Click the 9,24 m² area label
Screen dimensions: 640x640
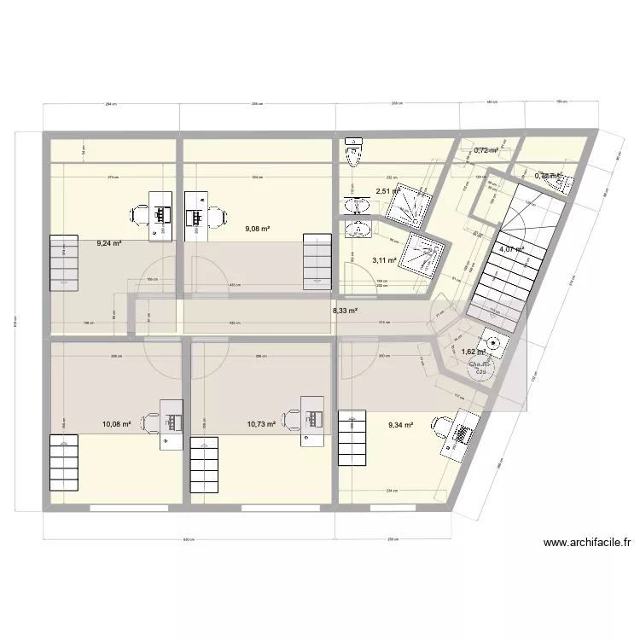click(108, 243)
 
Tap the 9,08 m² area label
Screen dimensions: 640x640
click(257, 229)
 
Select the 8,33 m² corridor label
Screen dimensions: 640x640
click(345, 311)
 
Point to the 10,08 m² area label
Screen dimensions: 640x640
click(116, 423)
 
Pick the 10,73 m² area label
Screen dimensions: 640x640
click(261, 423)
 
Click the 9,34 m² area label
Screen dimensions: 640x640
click(400, 424)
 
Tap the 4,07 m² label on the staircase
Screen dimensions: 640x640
click(511, 249)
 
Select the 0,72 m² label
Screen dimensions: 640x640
click(486, 150)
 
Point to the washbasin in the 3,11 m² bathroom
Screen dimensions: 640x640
click(354, 229)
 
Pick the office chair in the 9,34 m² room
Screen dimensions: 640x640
click(440, 423)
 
